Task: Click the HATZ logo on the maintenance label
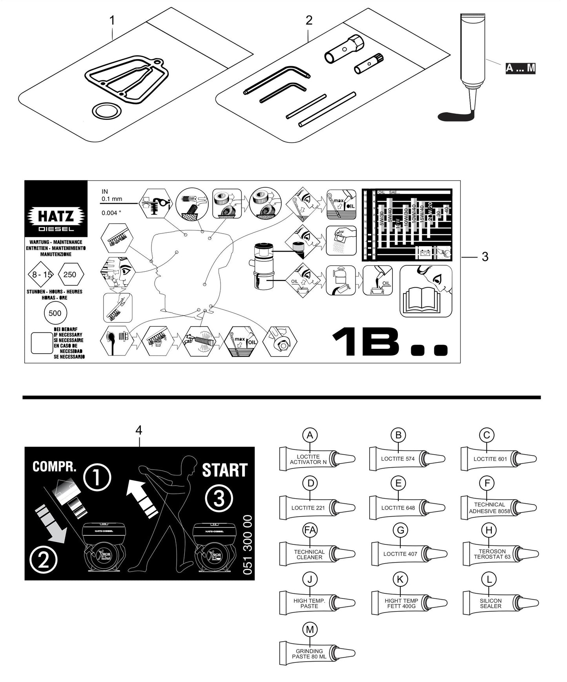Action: coord(56,216)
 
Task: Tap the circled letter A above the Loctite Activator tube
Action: coord(310,435)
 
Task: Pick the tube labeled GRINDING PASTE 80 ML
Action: coord(310,654)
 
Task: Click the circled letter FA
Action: coord(310,530)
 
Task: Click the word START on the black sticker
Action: coord(224,470)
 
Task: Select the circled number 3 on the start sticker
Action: coord(219,499)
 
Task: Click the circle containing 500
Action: coord(55,313)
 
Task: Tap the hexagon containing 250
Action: coord(70,274)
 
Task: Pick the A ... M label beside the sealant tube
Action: coord(520,68)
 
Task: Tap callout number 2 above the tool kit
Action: coord(309,20)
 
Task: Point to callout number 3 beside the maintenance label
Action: coord(485,257)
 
